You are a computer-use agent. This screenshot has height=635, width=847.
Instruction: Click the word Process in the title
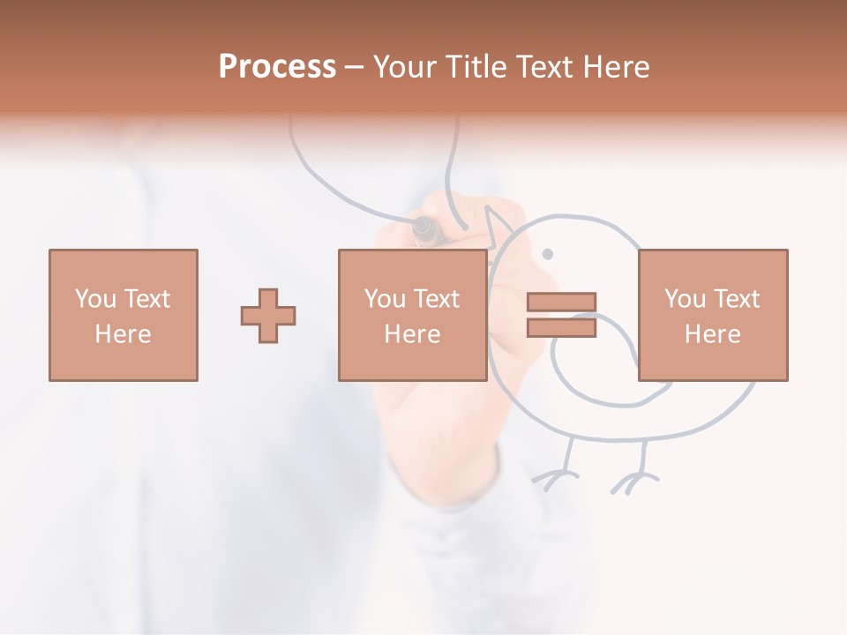coord(277,67)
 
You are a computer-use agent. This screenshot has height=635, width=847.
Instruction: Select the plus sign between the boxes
coord(268,315)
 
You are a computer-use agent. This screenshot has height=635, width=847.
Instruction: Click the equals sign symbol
coord(561,315)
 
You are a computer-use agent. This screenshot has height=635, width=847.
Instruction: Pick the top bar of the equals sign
coord(561,303)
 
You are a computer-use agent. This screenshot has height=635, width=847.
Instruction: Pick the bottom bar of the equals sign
coord(561,327)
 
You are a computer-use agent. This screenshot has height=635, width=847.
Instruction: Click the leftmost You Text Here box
coord(124,315)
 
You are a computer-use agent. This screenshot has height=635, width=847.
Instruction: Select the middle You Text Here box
coord(412,315)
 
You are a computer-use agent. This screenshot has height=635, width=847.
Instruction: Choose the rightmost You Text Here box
coord(713,315)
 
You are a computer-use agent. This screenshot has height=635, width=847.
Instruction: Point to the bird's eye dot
coord(547,254)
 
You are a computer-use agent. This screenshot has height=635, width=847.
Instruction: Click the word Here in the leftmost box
coord(124,334)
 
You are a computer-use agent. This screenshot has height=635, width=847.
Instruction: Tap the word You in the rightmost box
coord(685,299)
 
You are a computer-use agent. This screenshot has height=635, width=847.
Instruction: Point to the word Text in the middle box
coord(437,299)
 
